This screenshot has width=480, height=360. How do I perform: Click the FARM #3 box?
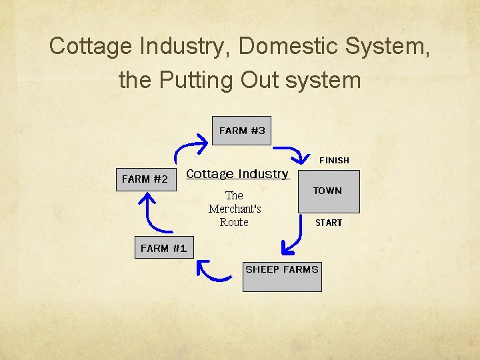tap(242, 131)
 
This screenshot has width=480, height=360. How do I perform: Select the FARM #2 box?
tap(146, 179)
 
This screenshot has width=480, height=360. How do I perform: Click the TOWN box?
tap(328, 191)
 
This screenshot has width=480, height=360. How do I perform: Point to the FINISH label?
tap(334, 160)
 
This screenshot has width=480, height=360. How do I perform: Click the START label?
tap(329, 223)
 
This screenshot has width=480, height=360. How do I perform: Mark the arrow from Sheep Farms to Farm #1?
tap(211, 271)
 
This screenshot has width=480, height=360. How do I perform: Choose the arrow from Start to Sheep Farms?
tap(292, 239)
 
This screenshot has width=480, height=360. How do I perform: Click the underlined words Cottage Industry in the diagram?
tap(237, 174)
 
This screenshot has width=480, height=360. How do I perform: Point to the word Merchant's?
tap(235, 209)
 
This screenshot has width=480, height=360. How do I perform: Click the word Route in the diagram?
tap(234, 222)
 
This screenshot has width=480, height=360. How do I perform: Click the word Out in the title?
tap(259, 80)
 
